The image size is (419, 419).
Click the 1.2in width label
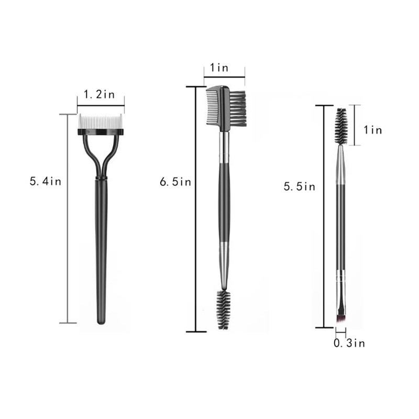pos(99,94)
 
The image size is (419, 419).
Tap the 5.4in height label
pos(46,181)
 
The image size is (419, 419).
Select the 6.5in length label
pos(175,182)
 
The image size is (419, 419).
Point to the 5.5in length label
pos(300,186)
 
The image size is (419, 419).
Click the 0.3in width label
pos(349,343)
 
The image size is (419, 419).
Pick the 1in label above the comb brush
pos(219,68)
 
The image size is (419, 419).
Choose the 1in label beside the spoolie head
pos(373,130)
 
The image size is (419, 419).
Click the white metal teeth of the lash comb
pos(100,122)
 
